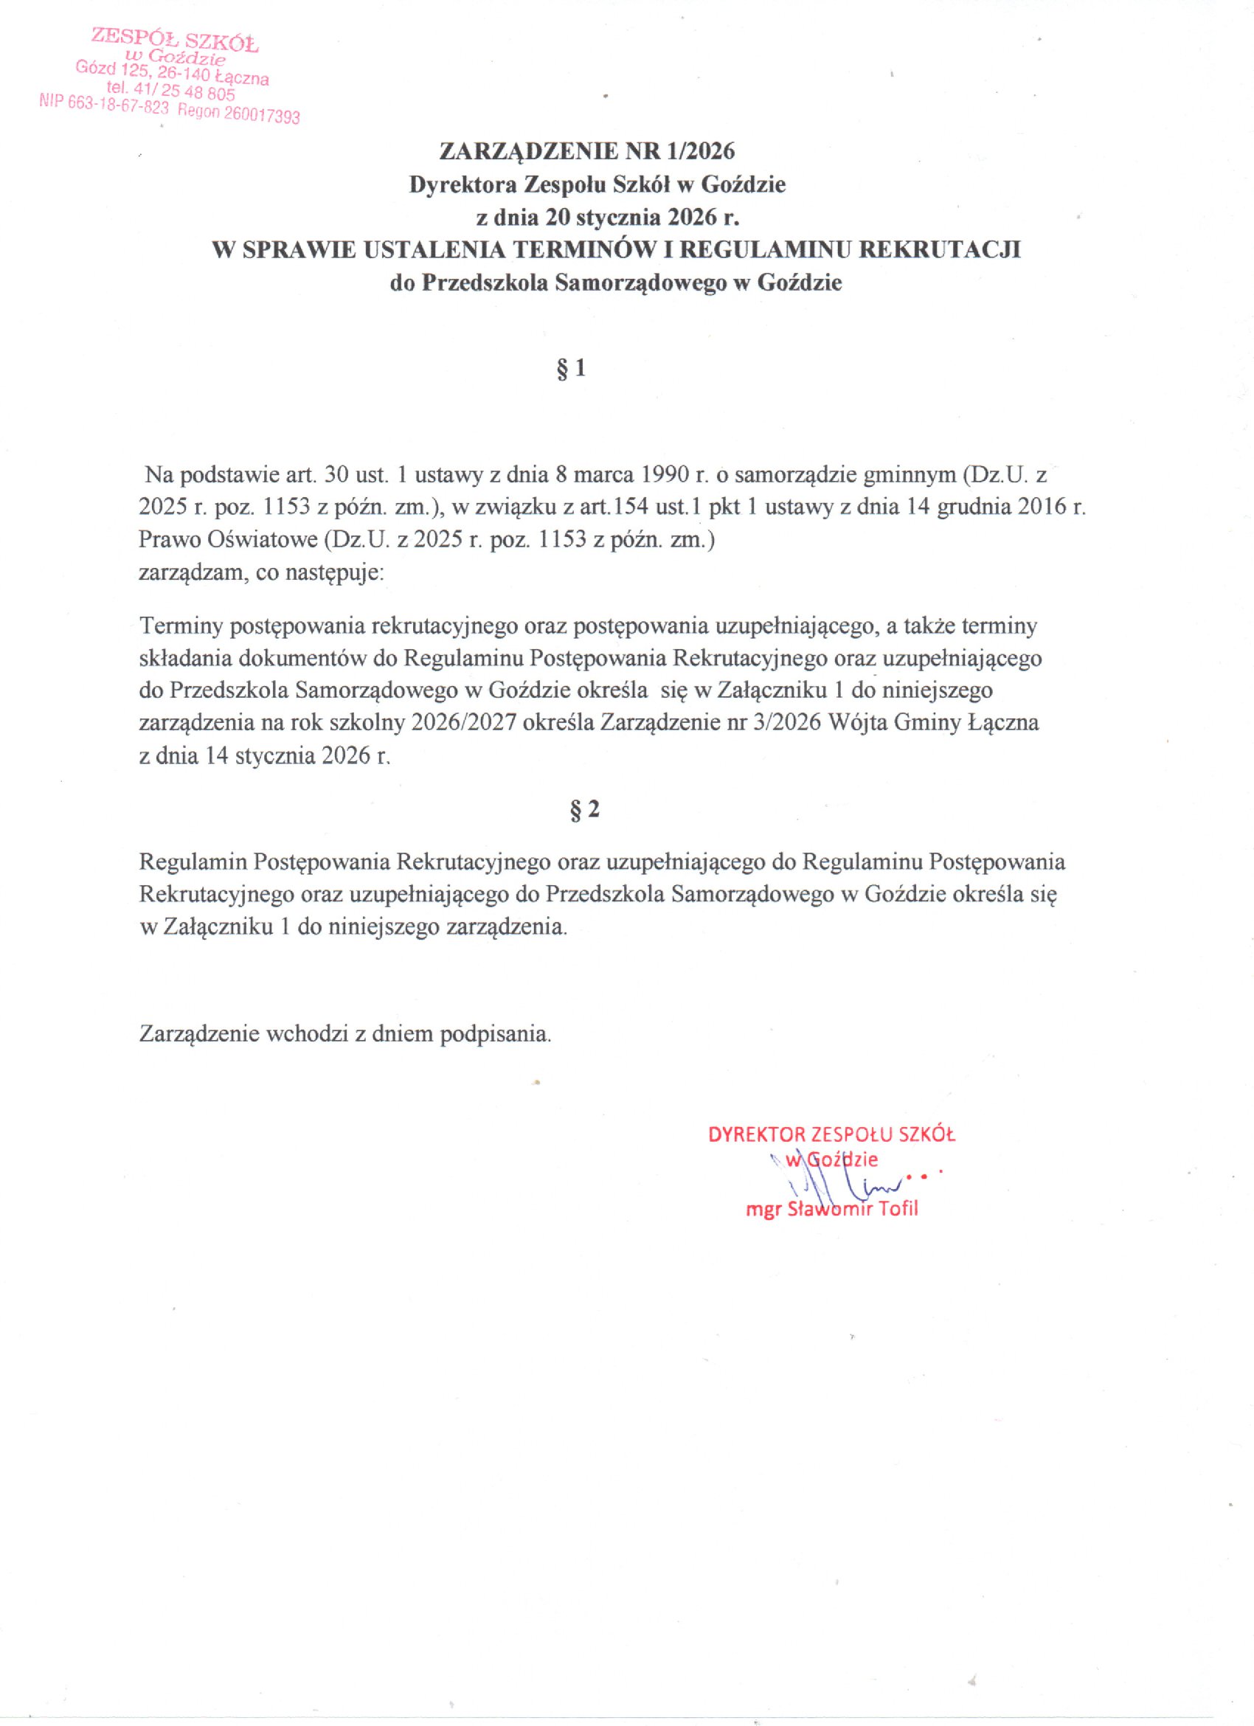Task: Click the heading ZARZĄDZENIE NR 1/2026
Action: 586,151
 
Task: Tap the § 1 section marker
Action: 572,369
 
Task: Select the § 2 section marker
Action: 584,810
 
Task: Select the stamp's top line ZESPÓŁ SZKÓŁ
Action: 175,38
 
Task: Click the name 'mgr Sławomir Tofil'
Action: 831,1209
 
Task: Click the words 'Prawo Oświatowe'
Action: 227,540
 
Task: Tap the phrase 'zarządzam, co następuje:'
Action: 261,572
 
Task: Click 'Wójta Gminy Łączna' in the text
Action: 933,723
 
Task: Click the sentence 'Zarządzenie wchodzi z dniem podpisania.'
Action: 344,1033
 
